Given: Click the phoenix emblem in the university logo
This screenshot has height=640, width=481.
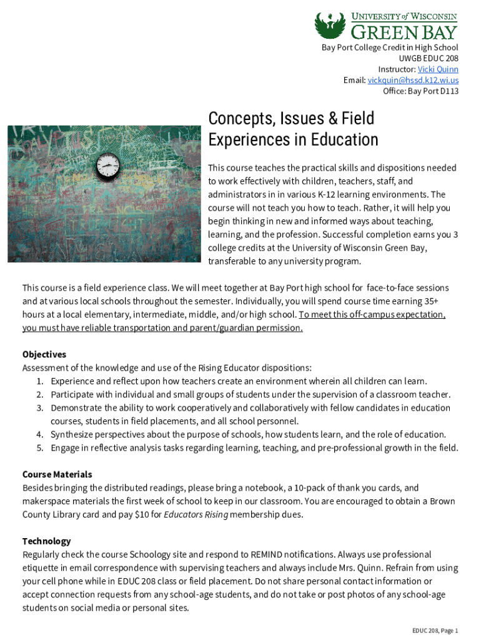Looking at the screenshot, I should click(329, 26).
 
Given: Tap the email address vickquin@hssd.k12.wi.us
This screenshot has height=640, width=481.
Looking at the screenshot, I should click(413, 81).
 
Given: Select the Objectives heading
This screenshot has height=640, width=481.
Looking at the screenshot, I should click(44, 354).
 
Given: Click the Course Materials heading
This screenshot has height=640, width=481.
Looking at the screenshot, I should click(57, 474).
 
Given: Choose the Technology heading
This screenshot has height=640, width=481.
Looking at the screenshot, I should click(47, 541).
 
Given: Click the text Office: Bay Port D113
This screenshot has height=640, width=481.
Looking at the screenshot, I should click(420, 91).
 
